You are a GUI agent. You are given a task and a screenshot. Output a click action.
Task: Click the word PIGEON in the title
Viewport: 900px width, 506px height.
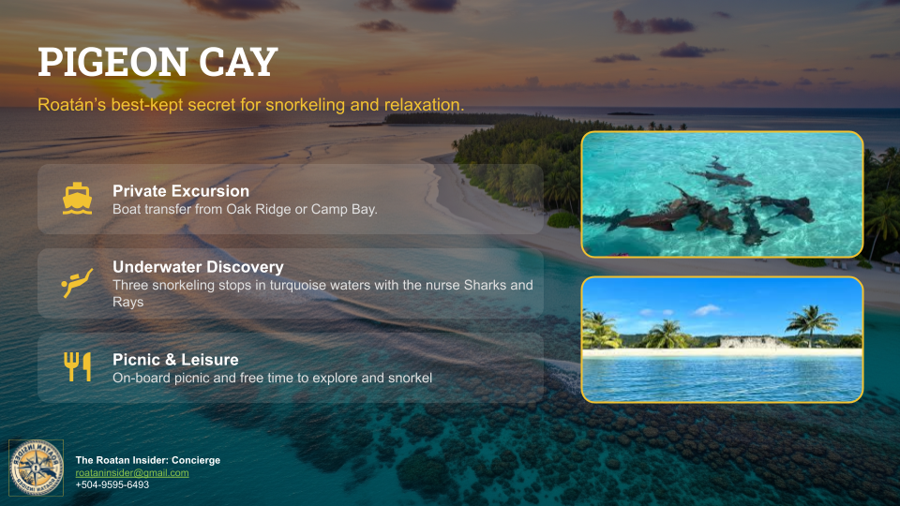click(105, 63)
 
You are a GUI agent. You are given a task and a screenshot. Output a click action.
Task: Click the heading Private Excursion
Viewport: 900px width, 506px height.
click(181, 191)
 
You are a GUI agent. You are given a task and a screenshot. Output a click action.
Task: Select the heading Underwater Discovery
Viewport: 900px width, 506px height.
click(198, 267)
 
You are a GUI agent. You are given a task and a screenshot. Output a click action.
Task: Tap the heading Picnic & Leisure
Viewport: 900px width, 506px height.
click(175, 360)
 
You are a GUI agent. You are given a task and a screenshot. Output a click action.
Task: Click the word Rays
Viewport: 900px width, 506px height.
click(127, 303)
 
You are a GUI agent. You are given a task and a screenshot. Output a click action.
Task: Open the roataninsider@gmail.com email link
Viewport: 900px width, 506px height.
click(132, 473)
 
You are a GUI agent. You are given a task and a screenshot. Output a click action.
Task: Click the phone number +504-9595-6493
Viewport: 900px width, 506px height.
click(112, 484)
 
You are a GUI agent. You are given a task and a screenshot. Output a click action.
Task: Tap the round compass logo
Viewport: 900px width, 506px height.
click(36, 468)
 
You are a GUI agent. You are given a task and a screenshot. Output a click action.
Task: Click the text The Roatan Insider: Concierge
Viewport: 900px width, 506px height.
click(147, 460)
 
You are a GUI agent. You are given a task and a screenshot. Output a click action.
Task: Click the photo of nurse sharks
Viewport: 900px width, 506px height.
click(722, 194)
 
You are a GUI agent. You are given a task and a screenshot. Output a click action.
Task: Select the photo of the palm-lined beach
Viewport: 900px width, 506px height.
click(722, 339)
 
